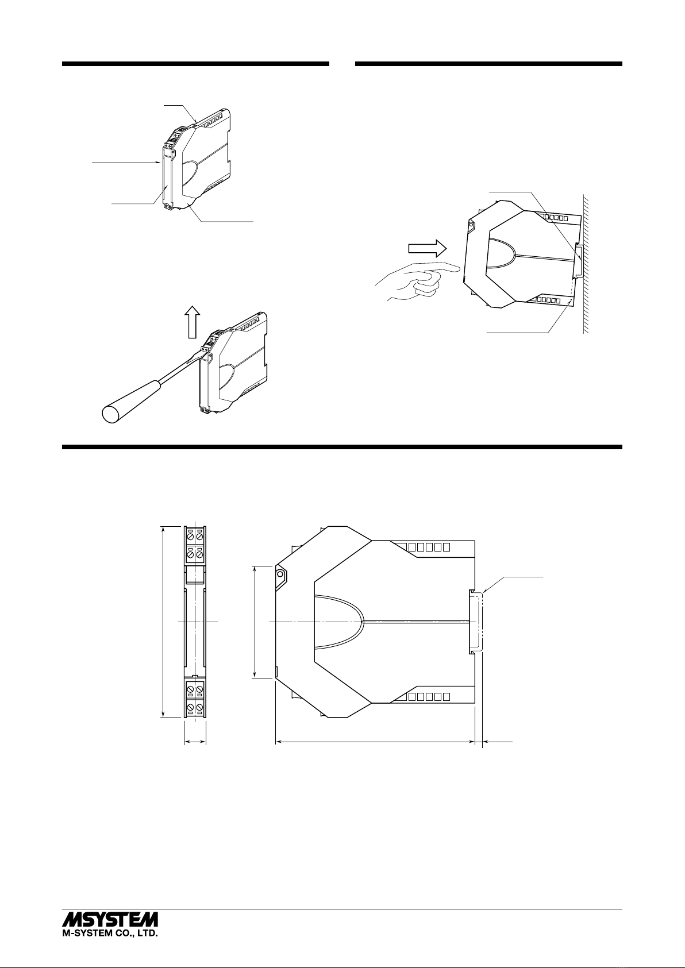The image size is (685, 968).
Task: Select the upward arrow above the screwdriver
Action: [x=193, y=322]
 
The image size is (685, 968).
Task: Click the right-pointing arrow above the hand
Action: [x=428, y=249]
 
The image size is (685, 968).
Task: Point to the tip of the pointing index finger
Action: [x=459, y=270]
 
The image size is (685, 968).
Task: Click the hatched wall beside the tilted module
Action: [x=586, y=264]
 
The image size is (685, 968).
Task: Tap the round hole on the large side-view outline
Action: [x=280, y=574]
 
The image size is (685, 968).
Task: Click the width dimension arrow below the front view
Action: [x=195, y=742]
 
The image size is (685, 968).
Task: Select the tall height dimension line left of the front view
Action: [x=163, y=622]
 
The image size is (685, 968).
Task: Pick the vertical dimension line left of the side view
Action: [x=256, y=622]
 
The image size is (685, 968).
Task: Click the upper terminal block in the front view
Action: [x=195, y=545]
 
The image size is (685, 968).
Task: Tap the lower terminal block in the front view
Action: [x=195, y=699]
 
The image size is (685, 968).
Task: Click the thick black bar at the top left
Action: [x=196, y=64]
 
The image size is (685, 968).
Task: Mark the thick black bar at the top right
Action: [x=488, y=64]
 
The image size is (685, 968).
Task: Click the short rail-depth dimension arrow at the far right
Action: [x=498, y=742]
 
